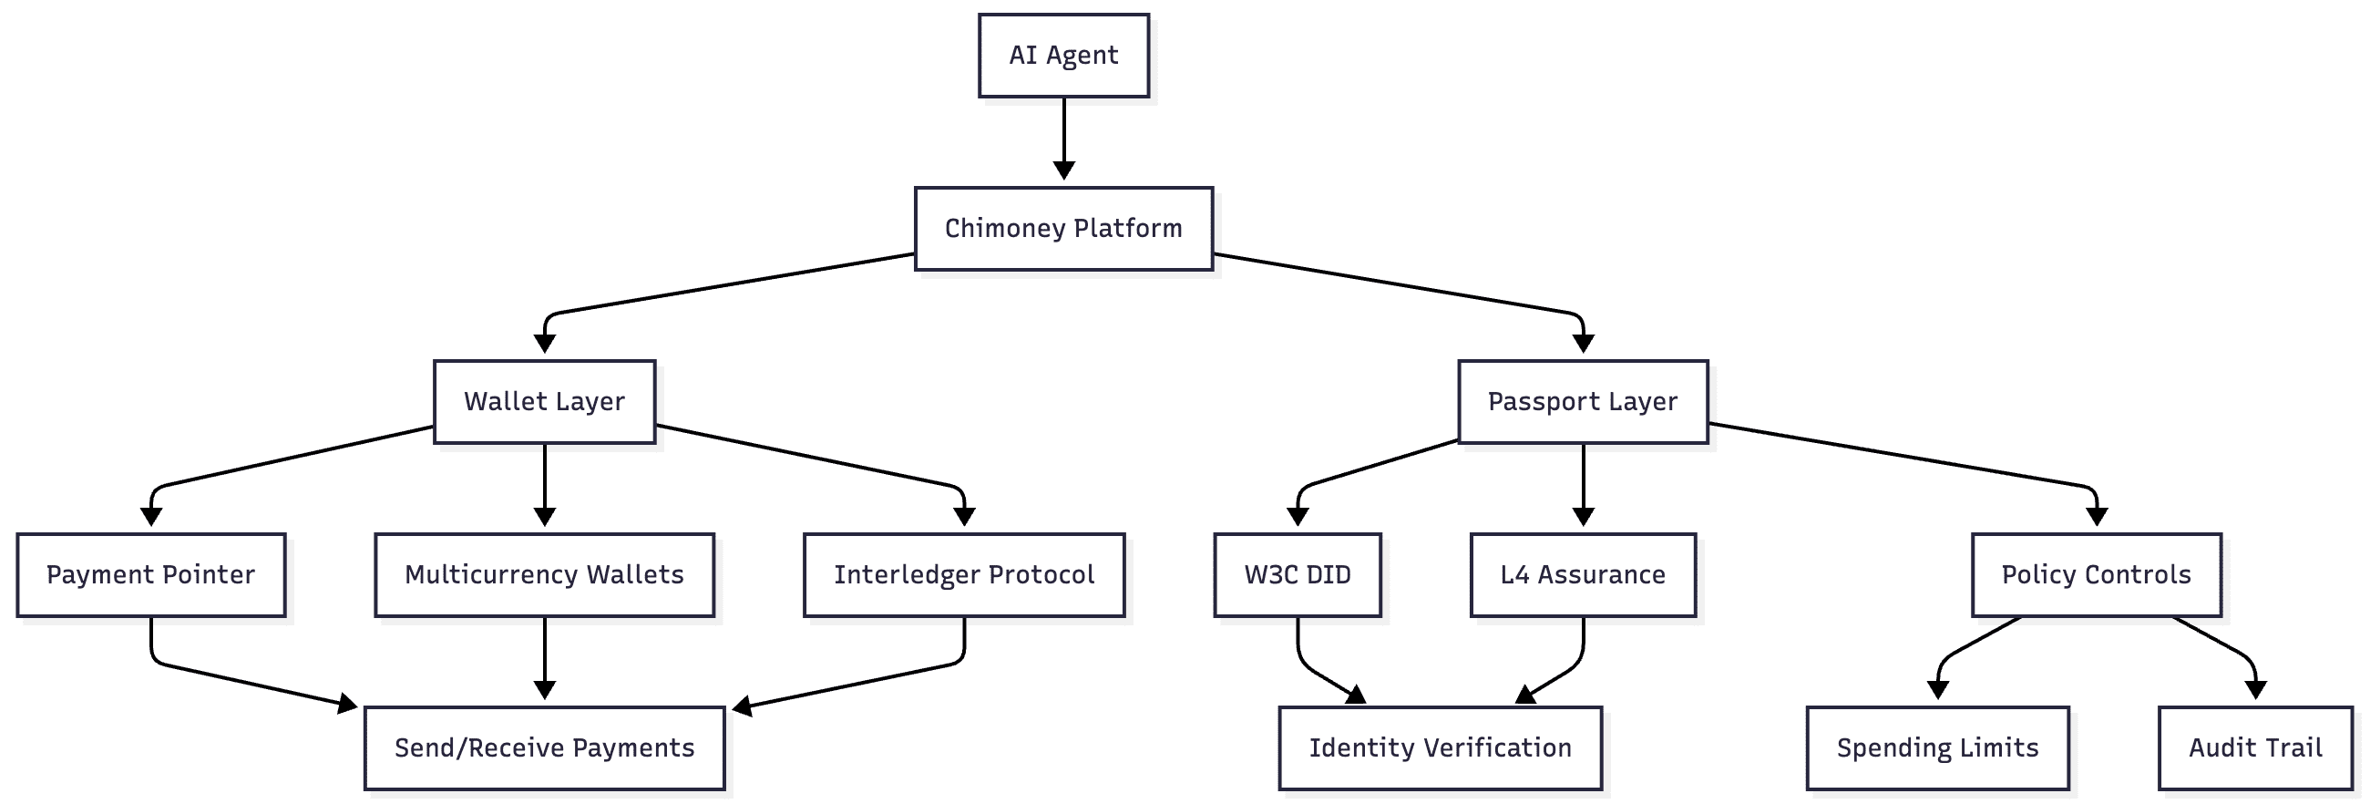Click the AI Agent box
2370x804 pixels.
coord(1063,56)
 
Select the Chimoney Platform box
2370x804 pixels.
coord(1063,228)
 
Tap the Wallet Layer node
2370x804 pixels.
coord(544,401)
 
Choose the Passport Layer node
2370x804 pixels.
coord(1583,401)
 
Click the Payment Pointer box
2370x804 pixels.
coord(151,574)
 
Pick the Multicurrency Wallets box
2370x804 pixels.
coord(544,574)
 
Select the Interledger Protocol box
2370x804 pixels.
coord(963,574)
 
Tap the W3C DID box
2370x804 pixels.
coord(1298,574)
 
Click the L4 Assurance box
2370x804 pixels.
coord(1583,574)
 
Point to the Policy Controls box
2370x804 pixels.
coord(2096,574)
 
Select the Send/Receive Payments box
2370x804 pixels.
coord(544,747)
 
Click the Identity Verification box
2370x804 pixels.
coord(1440,747)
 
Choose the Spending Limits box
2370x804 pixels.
coord(1937,747)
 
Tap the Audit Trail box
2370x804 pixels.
coord(2255,747)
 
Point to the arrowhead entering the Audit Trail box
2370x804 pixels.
coord(2255,690)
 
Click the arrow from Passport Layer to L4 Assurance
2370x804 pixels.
coord(1583,483)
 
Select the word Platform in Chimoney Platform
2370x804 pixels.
coord(1128,228)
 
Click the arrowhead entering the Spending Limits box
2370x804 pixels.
coord(1937,690)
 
